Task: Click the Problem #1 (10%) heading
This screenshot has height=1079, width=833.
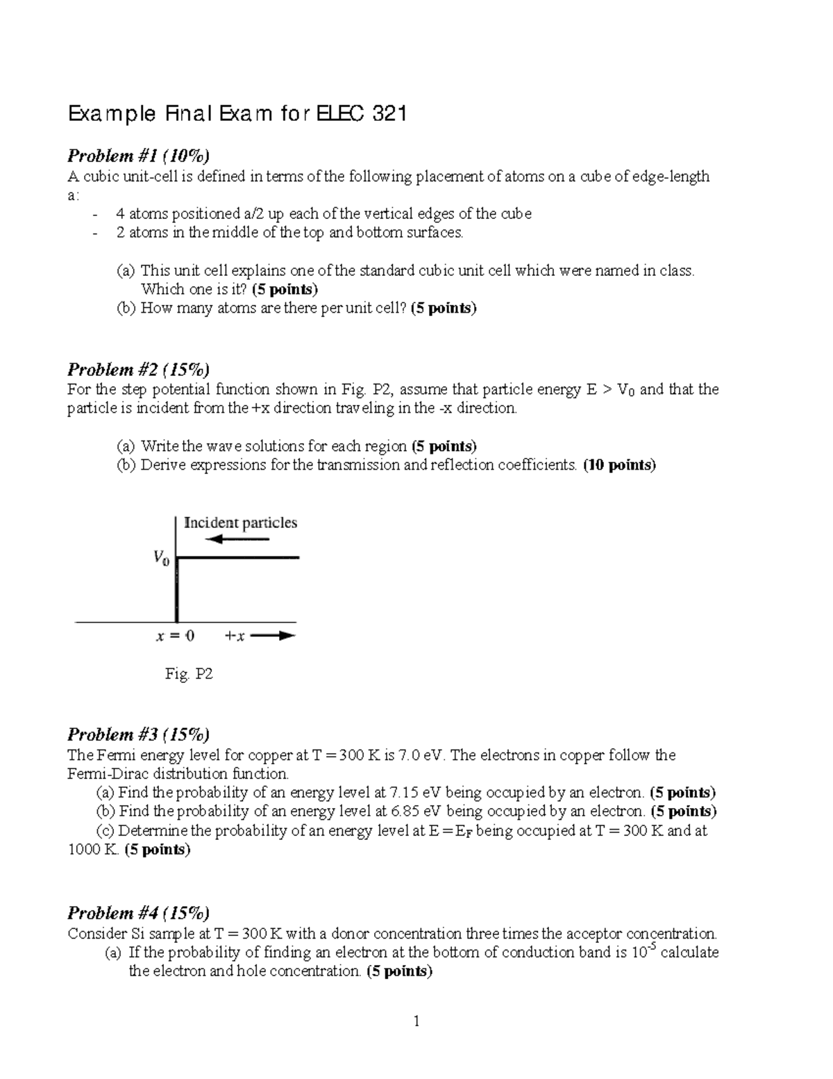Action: (x=138, y=155)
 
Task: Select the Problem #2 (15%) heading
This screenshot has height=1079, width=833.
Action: (x=138, y=369)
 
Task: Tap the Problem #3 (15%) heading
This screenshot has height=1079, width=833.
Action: (x=138, y=734)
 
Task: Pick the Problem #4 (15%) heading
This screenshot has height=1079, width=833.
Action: (x=138, y=913)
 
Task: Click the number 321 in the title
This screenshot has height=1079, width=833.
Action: (x=388, y=114)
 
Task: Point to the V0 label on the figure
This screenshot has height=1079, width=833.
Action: (x=160, y=557)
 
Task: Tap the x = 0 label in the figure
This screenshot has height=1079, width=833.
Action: (x=174, y=636)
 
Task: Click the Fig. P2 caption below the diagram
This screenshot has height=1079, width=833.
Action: (x=188, y=673)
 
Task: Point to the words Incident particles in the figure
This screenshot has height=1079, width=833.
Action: (x=240, y=522)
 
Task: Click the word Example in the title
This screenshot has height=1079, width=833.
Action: (x=111, y=114)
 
